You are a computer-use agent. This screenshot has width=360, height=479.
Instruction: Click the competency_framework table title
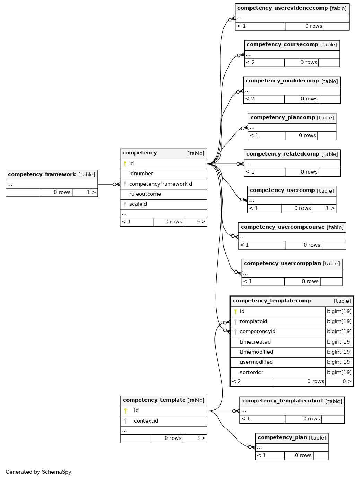(42, 174)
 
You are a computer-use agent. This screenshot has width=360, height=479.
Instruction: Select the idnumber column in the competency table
(141, 174)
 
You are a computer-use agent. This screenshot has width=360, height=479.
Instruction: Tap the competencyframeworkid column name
(160, 184)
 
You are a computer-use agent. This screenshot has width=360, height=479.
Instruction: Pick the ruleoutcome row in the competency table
(164, 194)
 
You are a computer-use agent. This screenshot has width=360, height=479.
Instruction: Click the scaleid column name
(138, 204)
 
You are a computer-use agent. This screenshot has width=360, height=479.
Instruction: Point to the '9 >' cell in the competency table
(195, 222)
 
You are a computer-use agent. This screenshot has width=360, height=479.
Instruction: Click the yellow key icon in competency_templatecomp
(235, 311)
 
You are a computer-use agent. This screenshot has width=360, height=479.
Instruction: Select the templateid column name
(253, 321)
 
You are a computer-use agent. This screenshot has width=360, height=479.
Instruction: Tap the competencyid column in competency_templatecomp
(257, 332)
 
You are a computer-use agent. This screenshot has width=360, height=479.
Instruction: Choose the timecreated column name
(255, 342)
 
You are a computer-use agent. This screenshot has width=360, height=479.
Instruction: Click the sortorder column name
(252, 373)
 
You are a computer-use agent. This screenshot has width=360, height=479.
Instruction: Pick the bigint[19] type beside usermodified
(339, 362)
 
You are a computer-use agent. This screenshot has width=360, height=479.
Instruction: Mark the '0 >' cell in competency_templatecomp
(340, 382)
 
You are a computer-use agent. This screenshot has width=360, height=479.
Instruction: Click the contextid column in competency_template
(146, 421)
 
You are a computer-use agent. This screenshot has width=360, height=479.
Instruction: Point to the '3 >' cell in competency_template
(195, 438)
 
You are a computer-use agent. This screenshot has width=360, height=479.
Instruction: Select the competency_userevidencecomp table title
(282, 8)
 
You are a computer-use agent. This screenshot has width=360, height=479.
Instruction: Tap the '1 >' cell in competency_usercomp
(324, 209)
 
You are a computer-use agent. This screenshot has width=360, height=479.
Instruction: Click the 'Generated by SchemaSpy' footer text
(38, 472)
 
